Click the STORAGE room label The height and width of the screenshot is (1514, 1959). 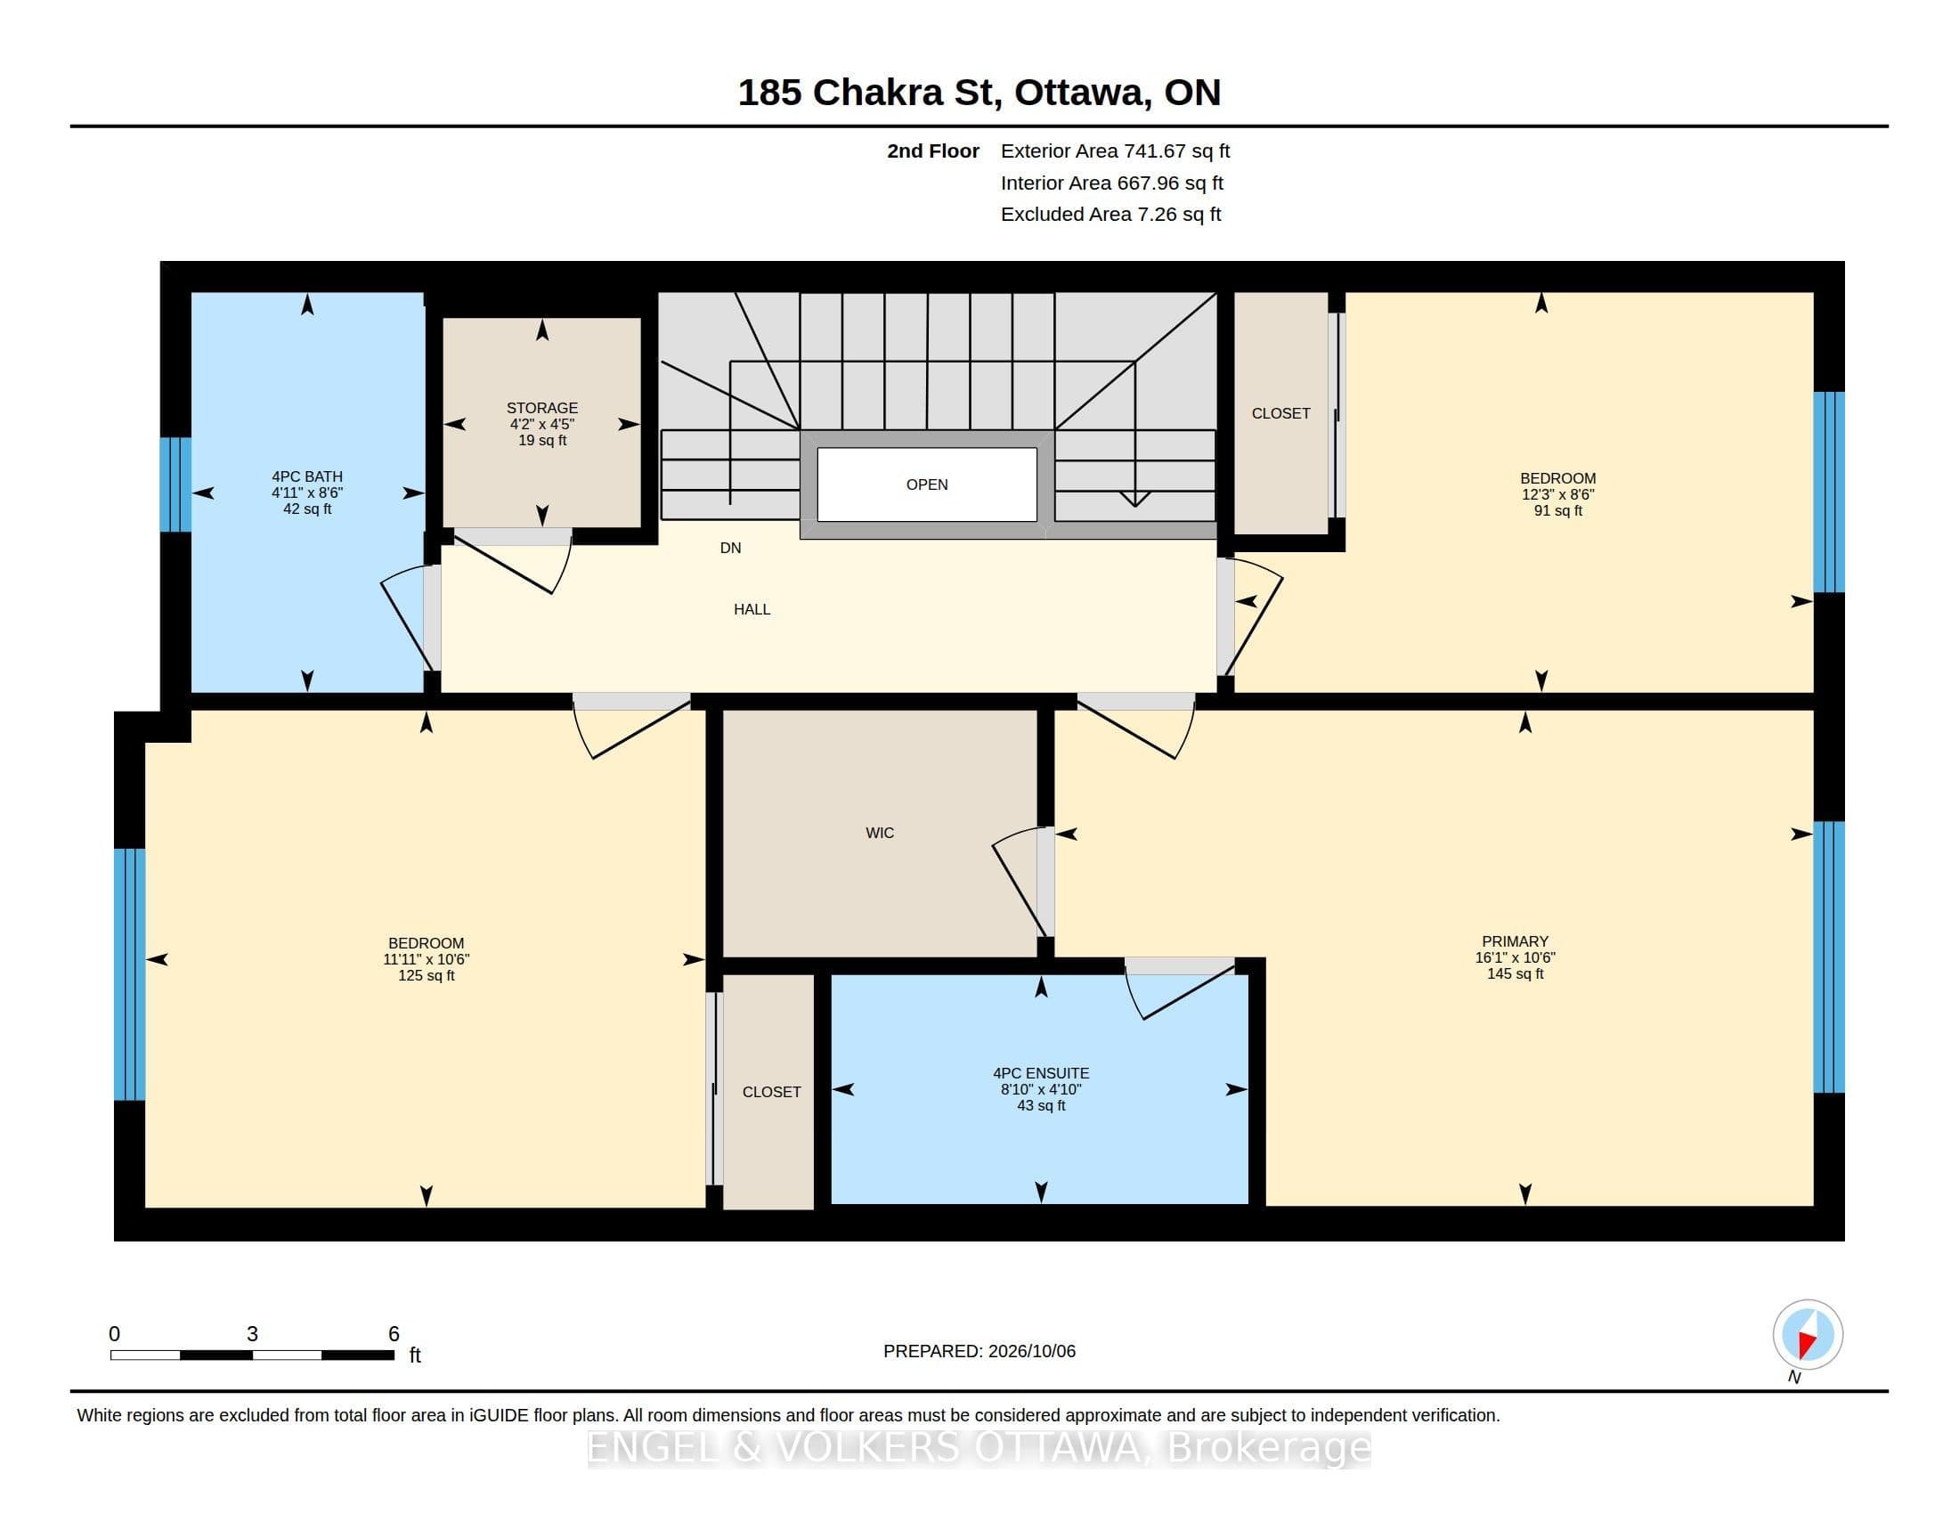click(541, 408)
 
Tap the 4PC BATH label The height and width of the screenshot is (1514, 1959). click(307, 477)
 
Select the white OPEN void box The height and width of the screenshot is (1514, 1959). click(927, 484)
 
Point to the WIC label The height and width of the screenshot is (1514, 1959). click(879, 834)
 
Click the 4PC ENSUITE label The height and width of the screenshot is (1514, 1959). click(1040, 1074)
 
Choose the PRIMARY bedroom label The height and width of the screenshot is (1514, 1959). click(1515, 941)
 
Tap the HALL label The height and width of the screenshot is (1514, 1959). click(752, 610)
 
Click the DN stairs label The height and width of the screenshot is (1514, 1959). click(730, 548)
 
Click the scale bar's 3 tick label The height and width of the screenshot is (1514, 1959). click(252, 1335)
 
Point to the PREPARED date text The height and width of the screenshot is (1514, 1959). click(979, 1352)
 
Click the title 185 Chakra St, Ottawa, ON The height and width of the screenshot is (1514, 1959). click(979, 93)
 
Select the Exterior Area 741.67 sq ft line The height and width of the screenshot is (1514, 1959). click(1115, 151)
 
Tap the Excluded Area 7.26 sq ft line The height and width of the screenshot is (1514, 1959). click(1110, 215)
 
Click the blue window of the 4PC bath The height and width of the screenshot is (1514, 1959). click(175, 484)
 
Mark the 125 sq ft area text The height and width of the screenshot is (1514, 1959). click(426, 976)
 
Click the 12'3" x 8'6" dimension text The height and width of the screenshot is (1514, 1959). click(1557, 495)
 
